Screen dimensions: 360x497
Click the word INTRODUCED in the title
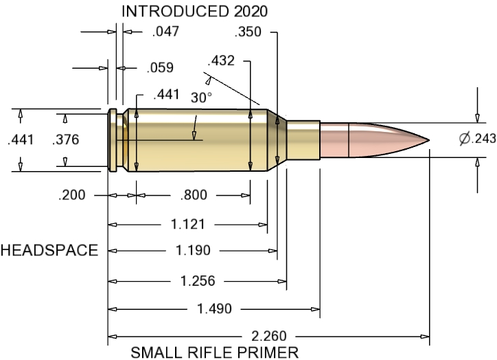162,11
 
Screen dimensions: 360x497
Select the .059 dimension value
159,68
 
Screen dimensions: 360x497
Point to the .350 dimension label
248,32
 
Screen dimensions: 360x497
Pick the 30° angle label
200,98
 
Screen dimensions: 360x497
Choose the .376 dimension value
66,140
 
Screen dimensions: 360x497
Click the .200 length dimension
73,195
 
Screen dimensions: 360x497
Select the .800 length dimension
193,195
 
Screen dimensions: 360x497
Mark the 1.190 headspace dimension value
193,251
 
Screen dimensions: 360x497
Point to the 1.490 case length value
213,308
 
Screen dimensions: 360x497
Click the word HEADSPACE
49,251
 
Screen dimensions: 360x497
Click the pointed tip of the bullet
428,141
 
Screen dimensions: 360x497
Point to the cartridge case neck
303,139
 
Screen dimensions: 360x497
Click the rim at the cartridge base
111,140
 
